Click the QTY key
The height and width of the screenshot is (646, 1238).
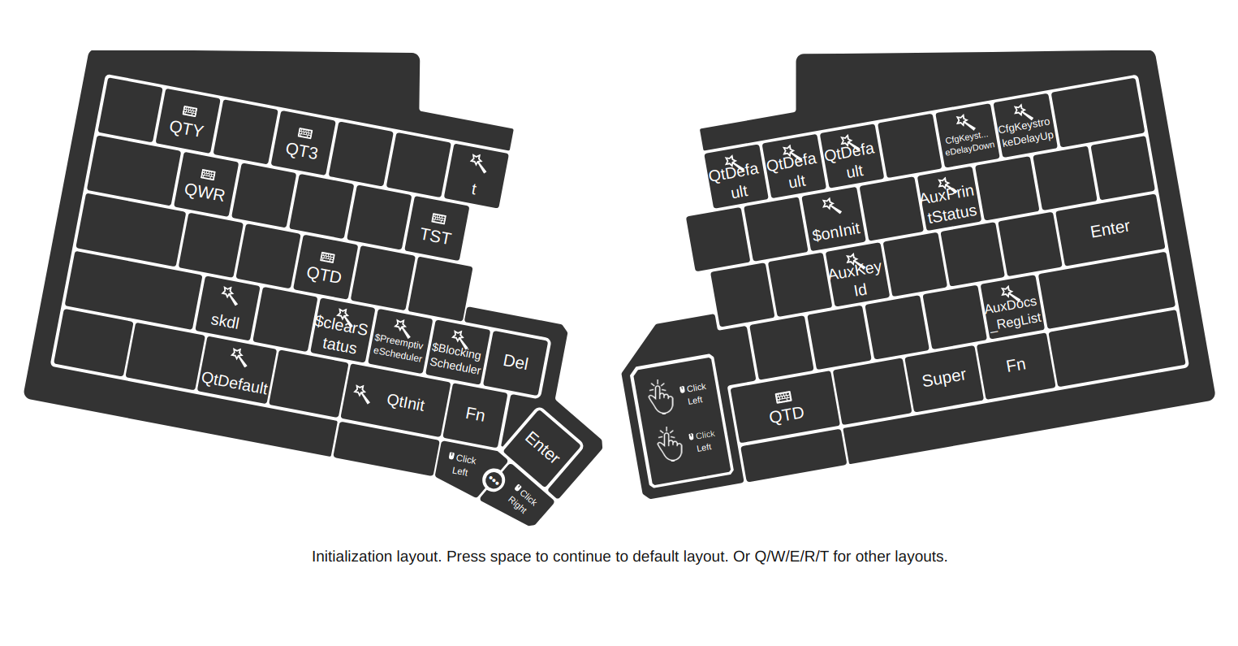188,121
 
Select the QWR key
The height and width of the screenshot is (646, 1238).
205,184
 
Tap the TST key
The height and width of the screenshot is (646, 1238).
437,228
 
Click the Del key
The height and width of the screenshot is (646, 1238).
515,362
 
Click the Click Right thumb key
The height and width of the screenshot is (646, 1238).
520,496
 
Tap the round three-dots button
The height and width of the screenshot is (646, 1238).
494,480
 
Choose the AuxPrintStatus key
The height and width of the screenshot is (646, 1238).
948,201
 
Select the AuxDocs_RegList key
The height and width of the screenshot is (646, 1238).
1012,309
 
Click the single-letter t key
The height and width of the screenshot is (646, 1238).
476,176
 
